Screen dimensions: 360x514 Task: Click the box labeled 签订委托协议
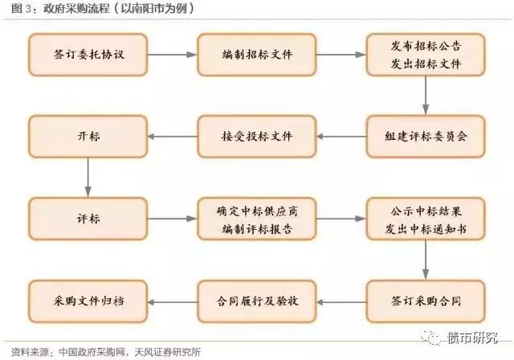coord(88,55)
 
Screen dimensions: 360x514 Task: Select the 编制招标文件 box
coord(257,55)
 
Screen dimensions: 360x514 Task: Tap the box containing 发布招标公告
coord(426,55)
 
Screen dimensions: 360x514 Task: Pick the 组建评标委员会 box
coord(426,135)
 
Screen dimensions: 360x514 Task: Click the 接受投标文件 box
coord(257,135)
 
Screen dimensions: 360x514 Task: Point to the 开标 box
coord(88,135)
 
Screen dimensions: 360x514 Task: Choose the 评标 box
coord(88,217)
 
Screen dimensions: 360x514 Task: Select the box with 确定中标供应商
coord(257,217)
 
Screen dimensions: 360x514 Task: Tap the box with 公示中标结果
coord(426,217)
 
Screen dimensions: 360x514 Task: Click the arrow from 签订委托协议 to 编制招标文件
coord(172,55)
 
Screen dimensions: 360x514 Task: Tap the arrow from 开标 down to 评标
coord(88,176)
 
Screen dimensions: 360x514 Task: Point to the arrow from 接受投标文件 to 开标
coord(172,135)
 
